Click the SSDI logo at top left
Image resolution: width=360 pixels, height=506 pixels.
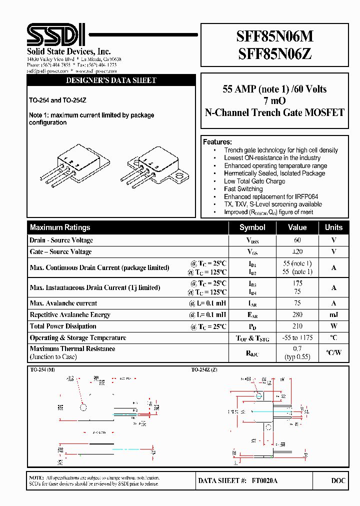tap(56, 35)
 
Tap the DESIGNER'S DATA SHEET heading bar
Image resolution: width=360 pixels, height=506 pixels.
tap(111, 80)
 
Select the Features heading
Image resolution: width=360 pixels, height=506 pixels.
tap(217, 142)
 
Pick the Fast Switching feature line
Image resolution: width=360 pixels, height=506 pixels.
tap(243, 189)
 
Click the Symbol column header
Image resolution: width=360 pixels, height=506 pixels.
tap(252, 227)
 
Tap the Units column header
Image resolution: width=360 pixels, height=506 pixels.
tap(333, 227)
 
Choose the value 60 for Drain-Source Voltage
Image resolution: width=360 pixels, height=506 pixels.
tap(297, 240)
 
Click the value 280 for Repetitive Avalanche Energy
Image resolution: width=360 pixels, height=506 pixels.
tap(297, 315)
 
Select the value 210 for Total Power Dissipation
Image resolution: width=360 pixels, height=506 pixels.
tap(297, 326)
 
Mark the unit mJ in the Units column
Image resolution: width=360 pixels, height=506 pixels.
tap(333, 315)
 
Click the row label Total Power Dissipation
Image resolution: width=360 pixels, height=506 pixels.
tap(64, 326)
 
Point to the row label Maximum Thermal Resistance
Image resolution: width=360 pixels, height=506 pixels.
tap(72, 349)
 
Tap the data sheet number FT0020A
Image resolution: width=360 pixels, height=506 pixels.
tap(264, 480)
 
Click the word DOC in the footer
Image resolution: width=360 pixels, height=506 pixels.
tap(338, 480)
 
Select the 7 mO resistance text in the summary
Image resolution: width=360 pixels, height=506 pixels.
tap(274, 101)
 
